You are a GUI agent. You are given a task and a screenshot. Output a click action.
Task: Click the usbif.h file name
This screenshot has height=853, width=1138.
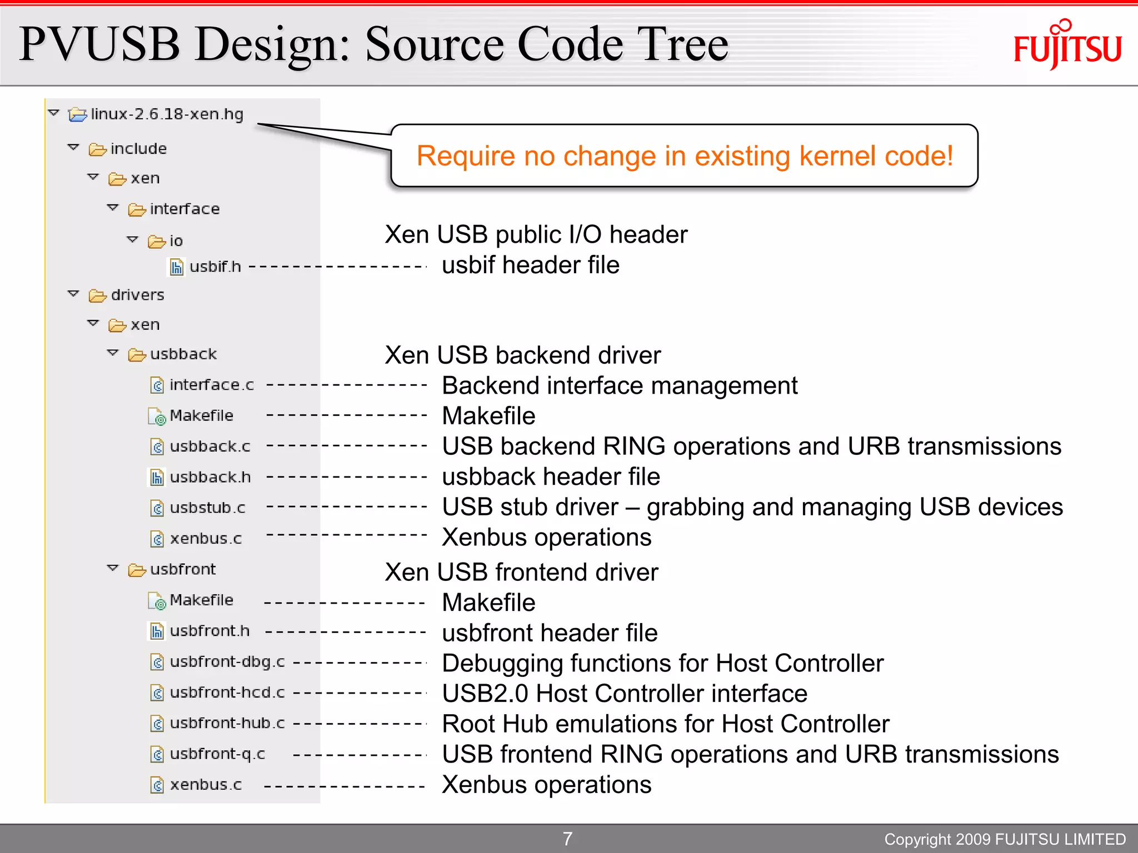pos(215,267)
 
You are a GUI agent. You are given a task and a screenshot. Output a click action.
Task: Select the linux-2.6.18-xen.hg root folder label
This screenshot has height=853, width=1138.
pos(167,114)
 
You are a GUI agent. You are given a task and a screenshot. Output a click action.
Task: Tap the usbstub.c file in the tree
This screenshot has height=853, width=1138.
pos(207,508)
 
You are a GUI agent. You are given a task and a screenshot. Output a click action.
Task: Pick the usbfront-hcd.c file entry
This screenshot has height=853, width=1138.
pos(227,693)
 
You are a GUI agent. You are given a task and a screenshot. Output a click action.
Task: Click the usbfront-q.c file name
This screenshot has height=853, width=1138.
pos(217,754)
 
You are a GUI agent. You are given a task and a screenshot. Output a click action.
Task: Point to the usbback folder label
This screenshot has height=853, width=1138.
pos(183,354)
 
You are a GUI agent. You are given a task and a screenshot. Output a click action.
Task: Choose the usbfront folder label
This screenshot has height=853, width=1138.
pos(183,569)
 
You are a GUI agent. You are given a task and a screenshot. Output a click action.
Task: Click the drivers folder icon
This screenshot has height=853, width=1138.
pos(97,295)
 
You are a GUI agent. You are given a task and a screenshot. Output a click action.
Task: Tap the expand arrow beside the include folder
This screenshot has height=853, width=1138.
pos(73,148)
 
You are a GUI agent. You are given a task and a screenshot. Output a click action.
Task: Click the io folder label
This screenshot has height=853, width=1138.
pos(176,241)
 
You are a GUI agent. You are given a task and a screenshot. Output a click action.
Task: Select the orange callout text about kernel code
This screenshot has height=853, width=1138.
pos(685,156)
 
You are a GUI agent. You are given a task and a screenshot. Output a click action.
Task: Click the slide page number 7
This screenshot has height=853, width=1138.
pos(567,839)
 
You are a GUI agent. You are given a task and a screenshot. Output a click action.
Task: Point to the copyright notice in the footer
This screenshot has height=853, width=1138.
pos(1005,839)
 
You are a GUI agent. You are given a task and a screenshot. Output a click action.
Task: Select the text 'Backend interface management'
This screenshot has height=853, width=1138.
pos(620,385)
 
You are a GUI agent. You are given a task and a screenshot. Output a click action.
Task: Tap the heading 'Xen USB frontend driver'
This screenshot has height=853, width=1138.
pos(521,572)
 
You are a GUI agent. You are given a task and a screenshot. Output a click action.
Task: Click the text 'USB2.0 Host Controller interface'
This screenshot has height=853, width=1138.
pos(625,694)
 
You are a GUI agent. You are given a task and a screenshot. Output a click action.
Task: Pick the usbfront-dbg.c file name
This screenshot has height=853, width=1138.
pos(227,662)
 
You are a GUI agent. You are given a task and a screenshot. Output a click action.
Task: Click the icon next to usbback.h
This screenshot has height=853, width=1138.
pos(157,478)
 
